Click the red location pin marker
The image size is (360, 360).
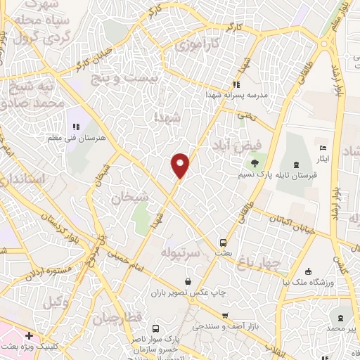click(x=181, y=165)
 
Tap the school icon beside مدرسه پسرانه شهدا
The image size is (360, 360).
click(x=237, y=85)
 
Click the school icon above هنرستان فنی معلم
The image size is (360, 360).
click(x=75, y=127)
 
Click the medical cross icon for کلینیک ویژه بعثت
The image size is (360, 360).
click(x=28, y=336)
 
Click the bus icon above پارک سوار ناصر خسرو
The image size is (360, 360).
click(x=158, y=328)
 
